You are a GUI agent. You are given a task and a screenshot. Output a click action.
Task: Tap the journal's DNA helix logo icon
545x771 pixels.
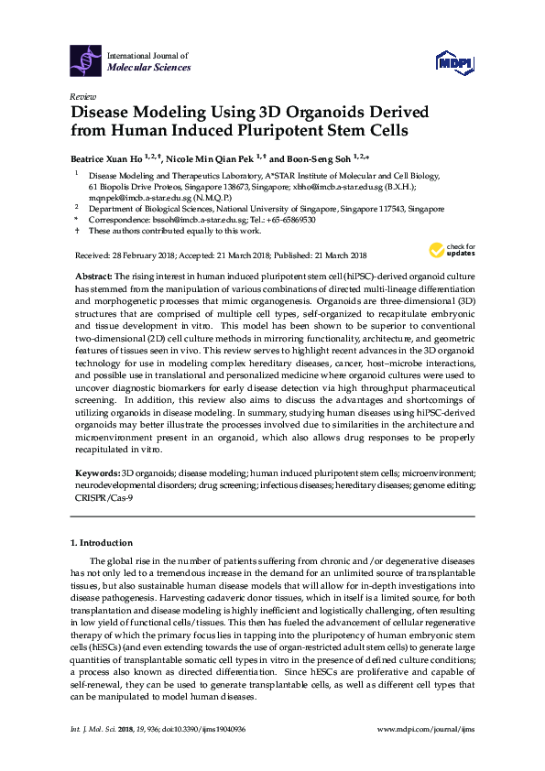pyautogui.click(x=86, y=60)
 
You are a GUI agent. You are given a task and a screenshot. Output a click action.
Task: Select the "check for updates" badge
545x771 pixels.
pyautogui.click(x=449, y=249)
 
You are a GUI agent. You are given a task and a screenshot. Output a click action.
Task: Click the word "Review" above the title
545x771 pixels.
pyautogui.click(x=82, y=96)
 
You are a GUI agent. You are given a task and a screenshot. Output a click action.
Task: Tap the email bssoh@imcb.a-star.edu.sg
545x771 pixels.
pyautogui.click(x=180, y=220)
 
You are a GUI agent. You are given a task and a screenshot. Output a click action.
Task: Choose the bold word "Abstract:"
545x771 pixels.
pyautogui.click(x=93, y=276)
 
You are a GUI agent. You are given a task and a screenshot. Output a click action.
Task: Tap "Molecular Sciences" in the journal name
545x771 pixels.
pyautogui.click(x=149, y=67)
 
